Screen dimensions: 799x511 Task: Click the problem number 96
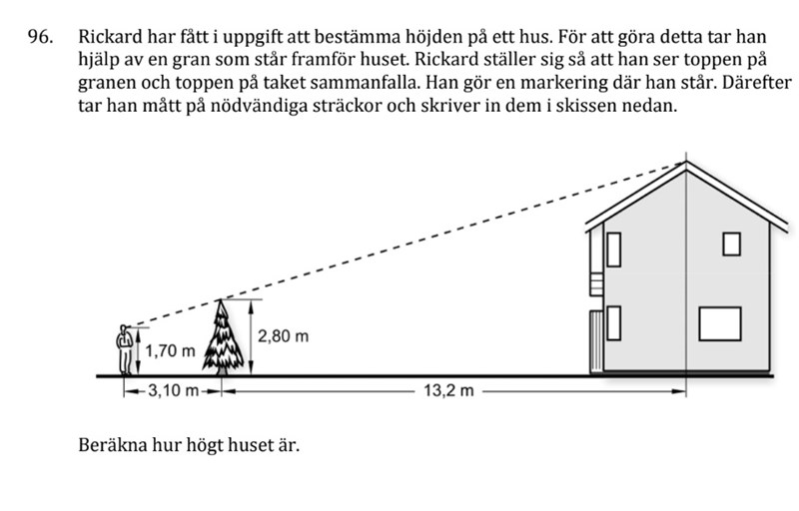(40, 37)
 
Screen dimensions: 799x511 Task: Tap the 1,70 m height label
(170, 351)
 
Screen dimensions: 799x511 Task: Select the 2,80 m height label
(284, 336)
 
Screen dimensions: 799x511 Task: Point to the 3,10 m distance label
(173, 391)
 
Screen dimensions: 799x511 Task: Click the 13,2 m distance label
(448, 391)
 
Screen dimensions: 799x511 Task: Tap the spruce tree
(223, 337)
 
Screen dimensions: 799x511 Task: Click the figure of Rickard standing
(124, 350)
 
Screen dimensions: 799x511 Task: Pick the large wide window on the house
(719, 323)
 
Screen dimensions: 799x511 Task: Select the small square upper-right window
(732, 244)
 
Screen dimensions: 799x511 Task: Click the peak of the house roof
(686, 162)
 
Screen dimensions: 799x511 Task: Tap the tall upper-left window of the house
(614, 250)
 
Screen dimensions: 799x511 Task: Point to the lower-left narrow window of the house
(614, 323)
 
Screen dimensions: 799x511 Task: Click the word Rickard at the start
(110, 37)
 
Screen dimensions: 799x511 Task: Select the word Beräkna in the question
(108, 445)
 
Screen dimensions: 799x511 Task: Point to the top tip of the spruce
(221, 299)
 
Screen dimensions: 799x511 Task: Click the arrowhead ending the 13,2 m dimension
(680, 391)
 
